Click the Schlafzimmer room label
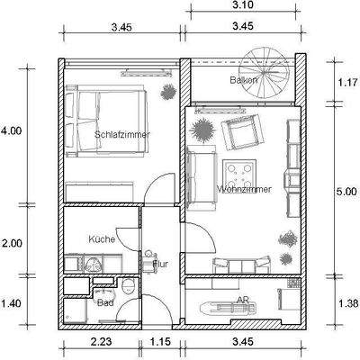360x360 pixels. coord(121,134)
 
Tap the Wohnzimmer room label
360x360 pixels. coord(244,190)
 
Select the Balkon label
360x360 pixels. coord(244,80)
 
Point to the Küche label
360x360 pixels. coord(101,239)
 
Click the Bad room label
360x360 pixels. coord(104,302)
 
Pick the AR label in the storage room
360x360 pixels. coord(242,300)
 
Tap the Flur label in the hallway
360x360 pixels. coord(148,264)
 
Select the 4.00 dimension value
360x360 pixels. coord(11,131)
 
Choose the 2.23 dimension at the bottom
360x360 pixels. coord(101,342)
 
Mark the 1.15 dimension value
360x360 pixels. coord(159,342)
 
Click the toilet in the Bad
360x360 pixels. coord(130,288)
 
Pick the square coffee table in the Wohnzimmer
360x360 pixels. coord(241,170)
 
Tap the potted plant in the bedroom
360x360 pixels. coord(167,92)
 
